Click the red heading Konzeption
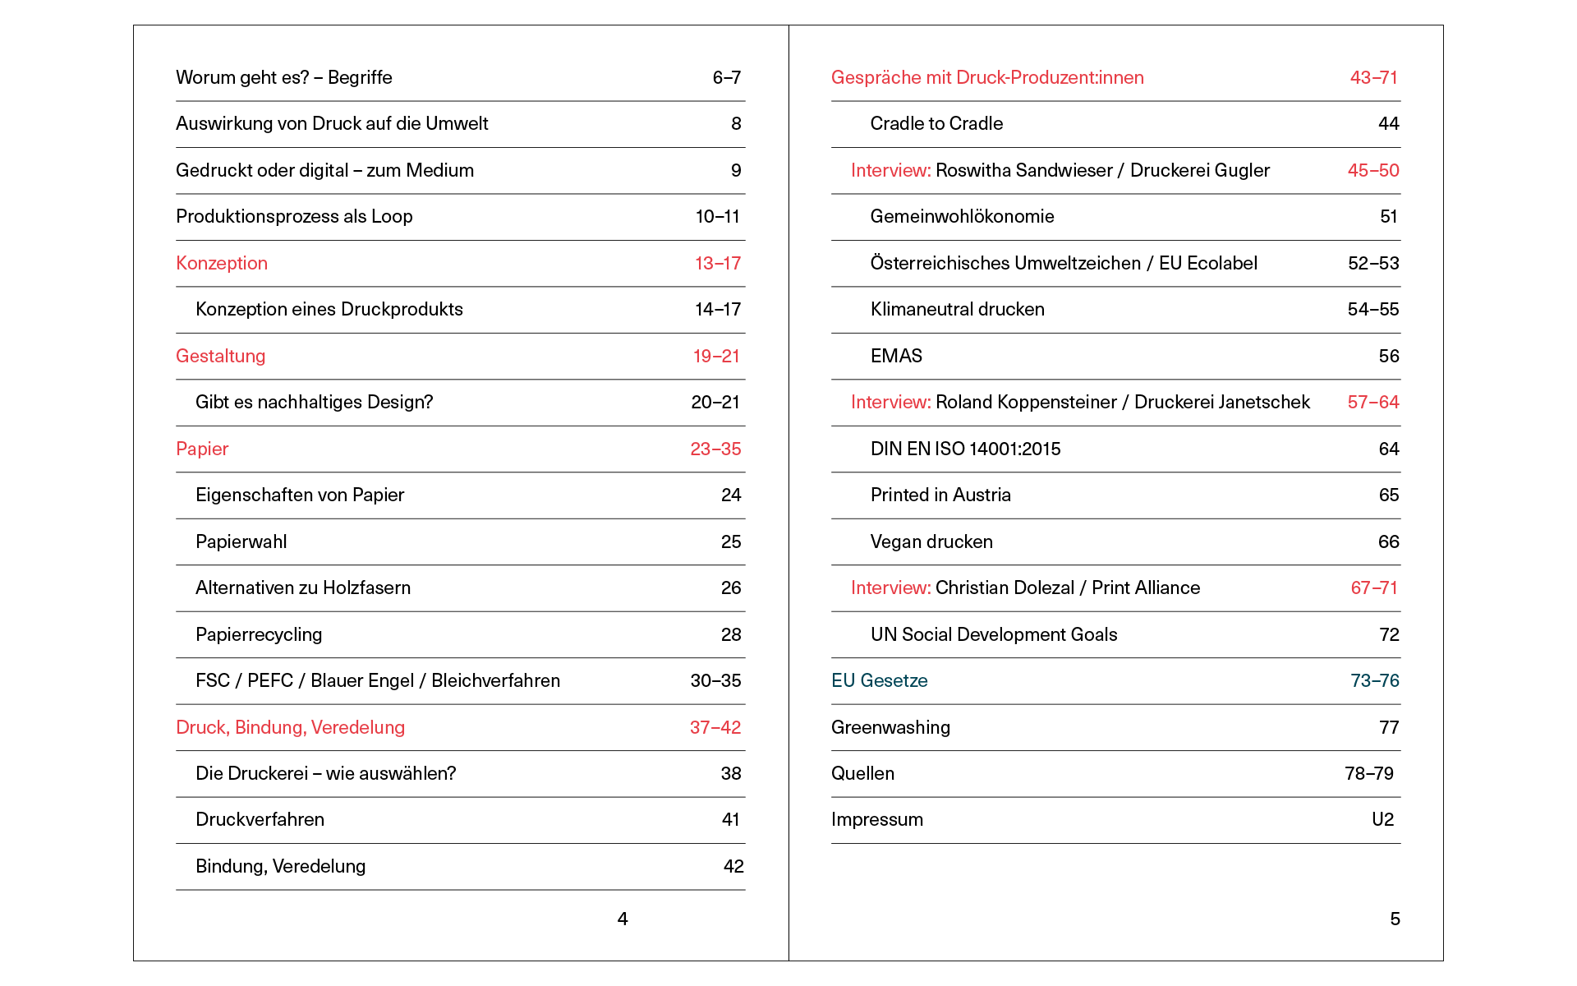pyautogui.click(x=222, y=263)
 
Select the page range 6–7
pyautogui.click(x=726, y=77)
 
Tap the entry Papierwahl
pyautogui.click(x=241, y=541)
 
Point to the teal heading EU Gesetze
pyautogui.click(x=879, y=680)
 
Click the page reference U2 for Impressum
pyautogui.click(x=1382, y=819)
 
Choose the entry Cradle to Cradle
pyautogui.click(x=936, y=123)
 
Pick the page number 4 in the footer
pyautogui.click(x=623, y=919)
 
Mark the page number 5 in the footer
pyautogui.click(x=1395, y=919)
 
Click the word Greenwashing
pyautogui.click(x=890, y=727)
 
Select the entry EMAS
pyautogui.click(x=896, y=356)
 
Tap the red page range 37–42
pyautogui.click(x=715, y=727)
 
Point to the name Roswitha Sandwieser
pyautogui.click(x=1023, y=170)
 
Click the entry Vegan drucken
pyautogui.click(x=931, y=541)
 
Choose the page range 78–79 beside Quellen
pyautogui.click(x=1368, y=773)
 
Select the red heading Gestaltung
pyautogui.click(x=220, y=356)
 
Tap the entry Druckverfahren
pyautogui.click(x=260, y=819)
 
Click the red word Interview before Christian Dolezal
pyautogui.click(x=890, y=587)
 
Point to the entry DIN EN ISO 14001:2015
pyautogui.click(x=965, y=449)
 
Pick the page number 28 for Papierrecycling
pyautogui.click(x=730, y=634)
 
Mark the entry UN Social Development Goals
pyautogui.click(x=994, y=634)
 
